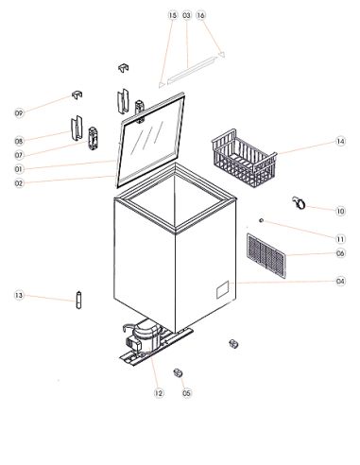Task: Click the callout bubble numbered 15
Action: [x=173, y=15]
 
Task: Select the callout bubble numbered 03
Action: [x=187, y=15]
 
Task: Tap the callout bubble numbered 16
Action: [x=201, y=15]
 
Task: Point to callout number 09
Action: [x=19, y=113]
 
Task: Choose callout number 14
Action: [x=340, y=142]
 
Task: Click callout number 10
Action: [x=340, y=211]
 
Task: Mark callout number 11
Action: [x=340, y=239]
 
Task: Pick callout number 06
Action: [x=340, y=253]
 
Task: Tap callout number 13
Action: [x=19, y=295]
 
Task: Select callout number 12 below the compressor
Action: [x=159, y=393]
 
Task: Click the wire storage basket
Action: [x=245, y=158]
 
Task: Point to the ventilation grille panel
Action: [x=266, y=255]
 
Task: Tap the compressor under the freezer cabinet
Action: [x=145, y=338]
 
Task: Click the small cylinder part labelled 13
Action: [x=78, y=300]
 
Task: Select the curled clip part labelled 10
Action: [x=299, y=203]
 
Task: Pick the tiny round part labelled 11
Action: [x=261, y=220]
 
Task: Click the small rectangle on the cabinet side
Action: [x=223, y=289]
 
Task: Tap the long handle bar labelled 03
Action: [x=193, y=71]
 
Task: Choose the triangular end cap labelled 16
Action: [x=222, y=54]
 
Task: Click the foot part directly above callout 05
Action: [x=179, y=372]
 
